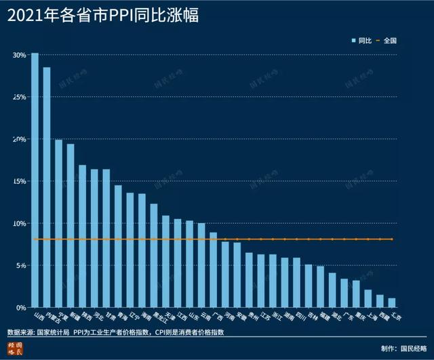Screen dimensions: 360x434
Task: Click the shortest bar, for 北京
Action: click(x=391, y=302)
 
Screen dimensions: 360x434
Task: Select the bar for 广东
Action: click(x=344, y=293)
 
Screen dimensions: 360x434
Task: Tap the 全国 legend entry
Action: click(x=386, y=41)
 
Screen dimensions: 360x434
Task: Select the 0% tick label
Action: click(x=21, y=307)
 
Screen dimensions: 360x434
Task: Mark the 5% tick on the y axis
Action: click(x=21, y=265)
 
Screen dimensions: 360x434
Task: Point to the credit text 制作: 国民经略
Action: click(x=404, y=349)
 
